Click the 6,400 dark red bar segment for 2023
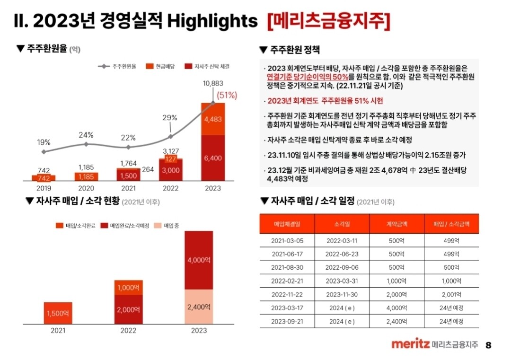(x=213, y=158)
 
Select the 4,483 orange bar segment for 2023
(x=213, y=119)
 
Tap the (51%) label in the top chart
(x=227, y=95)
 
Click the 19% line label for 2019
(x=44, y=142)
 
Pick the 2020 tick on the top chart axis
(x=86, y=188)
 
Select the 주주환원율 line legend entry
(x=117, y=67)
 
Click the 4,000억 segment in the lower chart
(x=199, y=260)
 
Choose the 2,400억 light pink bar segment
(x=199, y=307)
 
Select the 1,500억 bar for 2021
(x=58, y=313)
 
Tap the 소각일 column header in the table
(x=342, y=224)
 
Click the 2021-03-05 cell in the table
(x=287, y=240)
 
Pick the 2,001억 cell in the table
(x=451, y=294)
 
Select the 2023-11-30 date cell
(x=342, y=294)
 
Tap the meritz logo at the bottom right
(x=410, y=344)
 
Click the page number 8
(x=489, y=345)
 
